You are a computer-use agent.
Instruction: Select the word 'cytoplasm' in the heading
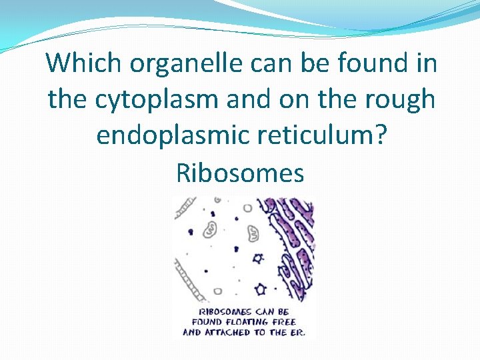coord(157,100)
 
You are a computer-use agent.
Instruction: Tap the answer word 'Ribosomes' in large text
coord(240,173)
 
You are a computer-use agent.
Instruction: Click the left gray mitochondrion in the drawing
coord(211,229)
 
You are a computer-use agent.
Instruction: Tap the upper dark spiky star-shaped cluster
coord(257,257)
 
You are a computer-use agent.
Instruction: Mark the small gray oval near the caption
coord(217,291)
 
